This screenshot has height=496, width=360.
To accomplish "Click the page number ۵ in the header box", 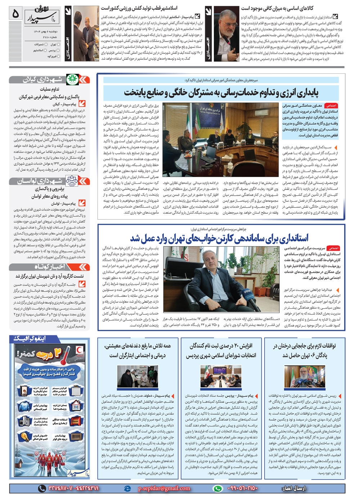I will (15, 14).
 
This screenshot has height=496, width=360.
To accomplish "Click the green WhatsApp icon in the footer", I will (217, 488).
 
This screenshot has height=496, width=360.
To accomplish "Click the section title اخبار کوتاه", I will (49, 267).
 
